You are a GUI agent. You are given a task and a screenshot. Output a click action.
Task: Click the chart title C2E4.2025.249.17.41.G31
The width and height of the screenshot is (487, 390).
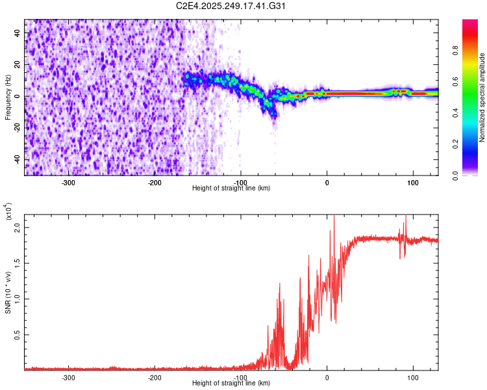pyautogui.click(x=231, y=6)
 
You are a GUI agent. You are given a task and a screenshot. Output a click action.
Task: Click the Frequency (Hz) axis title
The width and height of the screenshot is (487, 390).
pyautogui.click(x=8, y=97)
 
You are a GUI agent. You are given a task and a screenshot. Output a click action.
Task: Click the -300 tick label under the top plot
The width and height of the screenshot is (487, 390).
pyautogui.click(x=69, y=182)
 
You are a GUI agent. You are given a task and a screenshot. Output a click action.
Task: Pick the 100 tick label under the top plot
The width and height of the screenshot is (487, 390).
pyautogui.click(x=412, y=182)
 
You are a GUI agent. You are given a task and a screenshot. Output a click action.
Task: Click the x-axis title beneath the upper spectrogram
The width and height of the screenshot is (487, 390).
pyautogui.click(x=231, y=188)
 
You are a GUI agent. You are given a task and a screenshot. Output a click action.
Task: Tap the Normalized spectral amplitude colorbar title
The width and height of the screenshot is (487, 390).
pyautogui.click(x=482, y=97)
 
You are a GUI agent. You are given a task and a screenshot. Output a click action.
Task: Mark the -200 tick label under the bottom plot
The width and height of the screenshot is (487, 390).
pyautogui.click(x=155, y=377)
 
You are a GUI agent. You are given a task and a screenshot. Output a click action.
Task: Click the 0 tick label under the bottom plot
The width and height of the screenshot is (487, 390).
pyautogui.click(x=327, y=377)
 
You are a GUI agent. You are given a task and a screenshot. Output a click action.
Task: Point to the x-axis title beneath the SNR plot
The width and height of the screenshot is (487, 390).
pyautogui.click(x=231, y=383)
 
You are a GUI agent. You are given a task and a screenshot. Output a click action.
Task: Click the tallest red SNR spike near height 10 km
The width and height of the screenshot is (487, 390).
pyautogui.click(x=334, y=217)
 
